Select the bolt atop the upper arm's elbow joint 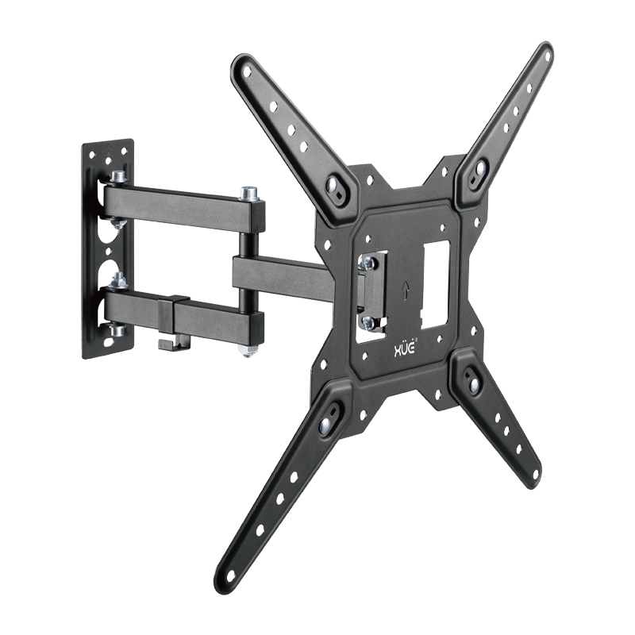(x=251, y=192)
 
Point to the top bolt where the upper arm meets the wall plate (x=118, y=177)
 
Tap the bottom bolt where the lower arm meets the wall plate (x=118, y=329)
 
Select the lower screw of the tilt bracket (x=368, y=321)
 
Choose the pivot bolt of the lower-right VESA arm (x=474, y=382)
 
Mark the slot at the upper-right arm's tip (x=544, y=56)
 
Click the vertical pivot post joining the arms (x=251, y=270)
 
